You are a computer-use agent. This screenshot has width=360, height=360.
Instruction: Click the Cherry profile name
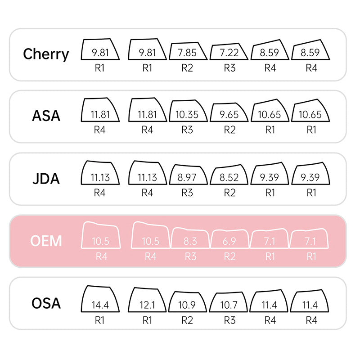tap(46, 54)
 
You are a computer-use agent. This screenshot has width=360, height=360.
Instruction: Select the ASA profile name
tap(46, 116)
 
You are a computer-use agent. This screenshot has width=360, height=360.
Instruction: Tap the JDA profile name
tap(46, 179)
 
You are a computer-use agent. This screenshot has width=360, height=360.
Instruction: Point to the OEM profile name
tap(46, 241)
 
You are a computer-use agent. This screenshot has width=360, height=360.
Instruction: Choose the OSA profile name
tap(46, 303)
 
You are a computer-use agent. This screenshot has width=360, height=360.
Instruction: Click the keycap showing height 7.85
tap(188, 51)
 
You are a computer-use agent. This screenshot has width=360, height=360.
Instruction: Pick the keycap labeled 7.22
tap(229, 51)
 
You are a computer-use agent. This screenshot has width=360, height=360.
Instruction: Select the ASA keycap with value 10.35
tap(188, 111)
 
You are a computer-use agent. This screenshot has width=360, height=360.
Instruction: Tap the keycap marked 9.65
tap(229, 112)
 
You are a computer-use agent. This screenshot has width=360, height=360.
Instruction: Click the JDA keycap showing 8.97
tap(188, 175)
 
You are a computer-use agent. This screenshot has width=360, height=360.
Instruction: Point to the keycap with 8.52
tap(229, 175)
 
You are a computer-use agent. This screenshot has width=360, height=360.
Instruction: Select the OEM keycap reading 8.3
tap(190, 238)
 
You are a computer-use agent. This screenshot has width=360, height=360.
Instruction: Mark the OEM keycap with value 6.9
tap(229, 239)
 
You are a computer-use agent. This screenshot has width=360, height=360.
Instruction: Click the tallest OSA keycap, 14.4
tap(100, 299)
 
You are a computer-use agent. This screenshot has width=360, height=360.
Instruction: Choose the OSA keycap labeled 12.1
tap(147, 300)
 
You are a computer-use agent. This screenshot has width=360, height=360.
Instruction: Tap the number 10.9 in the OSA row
tap(187, 305)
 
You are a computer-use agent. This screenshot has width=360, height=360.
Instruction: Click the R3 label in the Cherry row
tap(229, 68)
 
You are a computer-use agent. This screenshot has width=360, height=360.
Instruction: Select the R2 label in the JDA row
tap(229, 193)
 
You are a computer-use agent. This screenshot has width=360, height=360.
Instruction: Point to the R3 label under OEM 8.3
tap(190, 256)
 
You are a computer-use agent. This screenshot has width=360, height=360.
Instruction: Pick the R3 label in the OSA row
tap(229, 320)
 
